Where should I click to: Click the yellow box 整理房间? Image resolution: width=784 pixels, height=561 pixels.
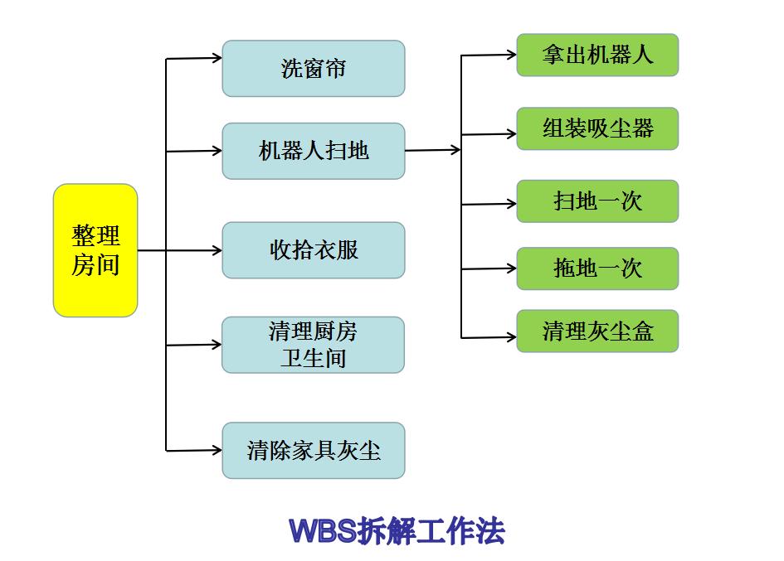click(95, 250)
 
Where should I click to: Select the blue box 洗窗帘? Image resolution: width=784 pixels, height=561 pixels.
click(313, 69)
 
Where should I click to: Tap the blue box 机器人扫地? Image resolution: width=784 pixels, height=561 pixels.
click(313, 151)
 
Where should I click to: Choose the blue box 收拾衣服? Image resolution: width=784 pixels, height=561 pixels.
click(313, 250)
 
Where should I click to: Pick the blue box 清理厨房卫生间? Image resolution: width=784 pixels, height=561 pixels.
click(313, 345)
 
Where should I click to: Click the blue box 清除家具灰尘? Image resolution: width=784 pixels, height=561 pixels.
click(313, 450)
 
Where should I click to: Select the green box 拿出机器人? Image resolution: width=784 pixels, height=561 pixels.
click(597, 56)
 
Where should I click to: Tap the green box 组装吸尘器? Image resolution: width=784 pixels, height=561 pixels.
click(597, 128)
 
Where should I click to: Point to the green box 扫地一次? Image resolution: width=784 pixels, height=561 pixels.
click(597, 201)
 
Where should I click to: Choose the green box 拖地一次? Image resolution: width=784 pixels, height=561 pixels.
click(597, 268)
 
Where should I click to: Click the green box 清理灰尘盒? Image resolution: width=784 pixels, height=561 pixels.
click(597, 331)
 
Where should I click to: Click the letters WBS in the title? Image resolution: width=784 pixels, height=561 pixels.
click(324, 531)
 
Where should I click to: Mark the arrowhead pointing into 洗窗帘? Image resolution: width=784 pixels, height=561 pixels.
click(217, 58)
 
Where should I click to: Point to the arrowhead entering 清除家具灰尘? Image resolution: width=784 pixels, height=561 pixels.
click(217, 450)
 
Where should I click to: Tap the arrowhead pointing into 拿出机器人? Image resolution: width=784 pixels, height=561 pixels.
click(511, 56)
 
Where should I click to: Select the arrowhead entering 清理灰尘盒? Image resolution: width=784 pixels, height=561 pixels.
click(511, 337)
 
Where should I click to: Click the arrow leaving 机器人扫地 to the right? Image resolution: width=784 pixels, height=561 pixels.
click(432, 150)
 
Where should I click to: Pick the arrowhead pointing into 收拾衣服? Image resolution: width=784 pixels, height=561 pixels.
click(217, 250)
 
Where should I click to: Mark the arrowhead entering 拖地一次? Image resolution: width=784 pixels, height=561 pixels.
click(511, 268)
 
